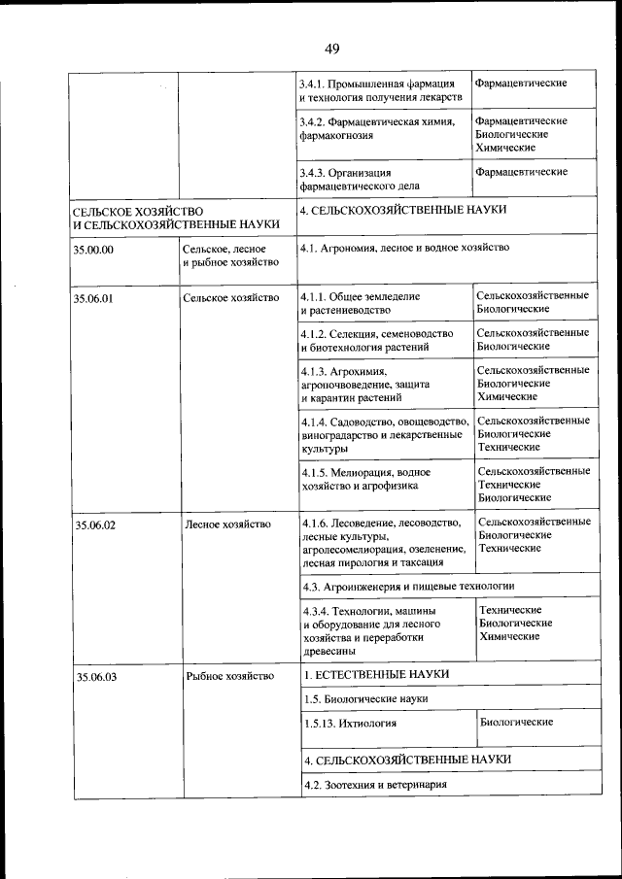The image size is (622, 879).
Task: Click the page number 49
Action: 332,49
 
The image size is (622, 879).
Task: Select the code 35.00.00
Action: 94,250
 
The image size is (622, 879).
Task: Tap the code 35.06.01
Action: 94,298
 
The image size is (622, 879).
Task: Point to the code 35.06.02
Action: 95,525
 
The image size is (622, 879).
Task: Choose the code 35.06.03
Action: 95,677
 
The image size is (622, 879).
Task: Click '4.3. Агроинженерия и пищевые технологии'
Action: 407,587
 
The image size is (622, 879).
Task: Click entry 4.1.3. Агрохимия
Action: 364,385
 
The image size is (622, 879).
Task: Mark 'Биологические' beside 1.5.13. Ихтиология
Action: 515,723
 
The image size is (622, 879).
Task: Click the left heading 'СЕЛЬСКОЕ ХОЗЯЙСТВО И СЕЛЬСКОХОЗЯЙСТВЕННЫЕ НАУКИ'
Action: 176,217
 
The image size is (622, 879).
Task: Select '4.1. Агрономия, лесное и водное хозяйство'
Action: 405,249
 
